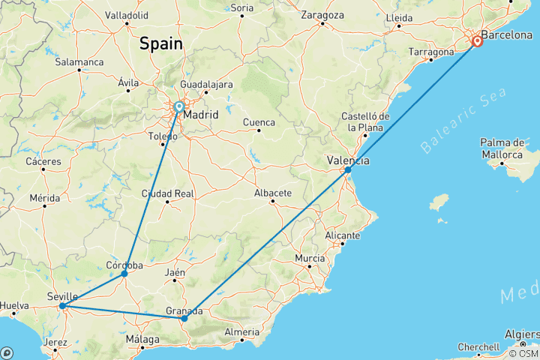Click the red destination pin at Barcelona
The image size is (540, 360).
coord(477,40)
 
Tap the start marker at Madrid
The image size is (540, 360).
coord(179,108)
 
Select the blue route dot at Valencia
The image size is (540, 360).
coord(348,170)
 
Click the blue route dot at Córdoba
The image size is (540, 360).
coord(124,274)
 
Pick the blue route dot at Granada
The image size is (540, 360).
coord(184,319)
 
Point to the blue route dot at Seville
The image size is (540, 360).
coord(62,306)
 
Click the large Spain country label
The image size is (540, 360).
coord(160,44)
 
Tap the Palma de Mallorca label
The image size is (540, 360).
coord(502,148)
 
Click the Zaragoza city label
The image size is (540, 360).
coord(322,15)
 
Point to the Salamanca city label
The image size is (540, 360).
coord(79,61)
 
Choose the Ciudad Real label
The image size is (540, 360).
coord(168,193)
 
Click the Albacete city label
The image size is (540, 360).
coord(273,193)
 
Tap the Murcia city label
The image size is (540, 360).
coord(310,259)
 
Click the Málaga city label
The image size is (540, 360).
coord(143,340)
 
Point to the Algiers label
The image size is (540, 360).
coord(520,333)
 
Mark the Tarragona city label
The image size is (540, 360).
coord(431,52)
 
